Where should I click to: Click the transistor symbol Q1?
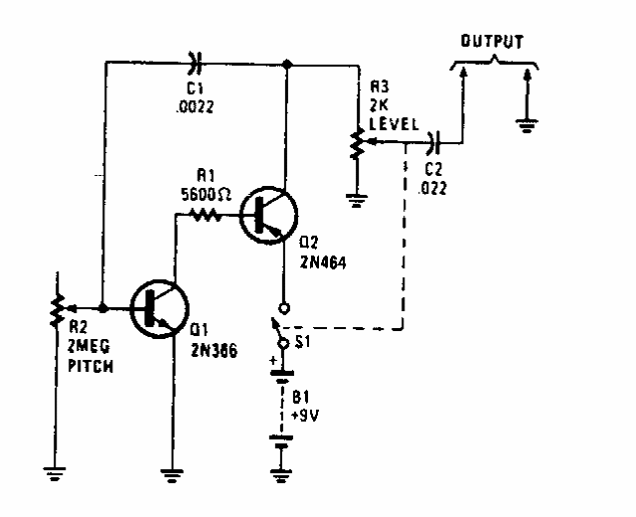(156, 308)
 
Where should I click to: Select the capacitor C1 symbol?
(195, 65)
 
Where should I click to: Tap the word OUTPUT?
(490, 42)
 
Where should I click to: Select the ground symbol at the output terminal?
(527, 125)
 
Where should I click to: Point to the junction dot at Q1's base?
(103, 308)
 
